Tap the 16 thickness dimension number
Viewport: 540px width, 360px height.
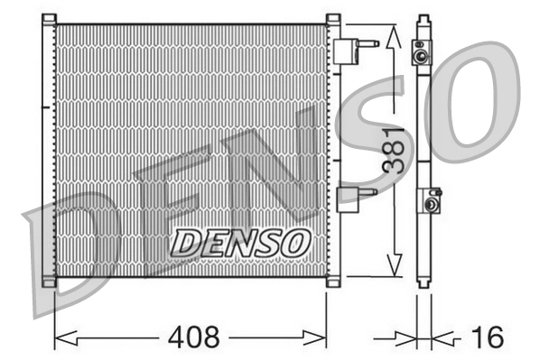(x=487, y=337)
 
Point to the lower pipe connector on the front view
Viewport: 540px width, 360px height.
(x=353, y=197)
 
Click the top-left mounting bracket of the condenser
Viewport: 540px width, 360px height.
(x=50, y=19)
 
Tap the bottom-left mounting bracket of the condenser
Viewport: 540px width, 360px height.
(x=50, y=281)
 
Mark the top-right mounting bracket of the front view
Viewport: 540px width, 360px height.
(x=332, y=19)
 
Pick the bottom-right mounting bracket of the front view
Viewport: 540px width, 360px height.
(x=332, y=281)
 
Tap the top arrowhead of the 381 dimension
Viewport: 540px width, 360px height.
(x=392, y=36)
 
